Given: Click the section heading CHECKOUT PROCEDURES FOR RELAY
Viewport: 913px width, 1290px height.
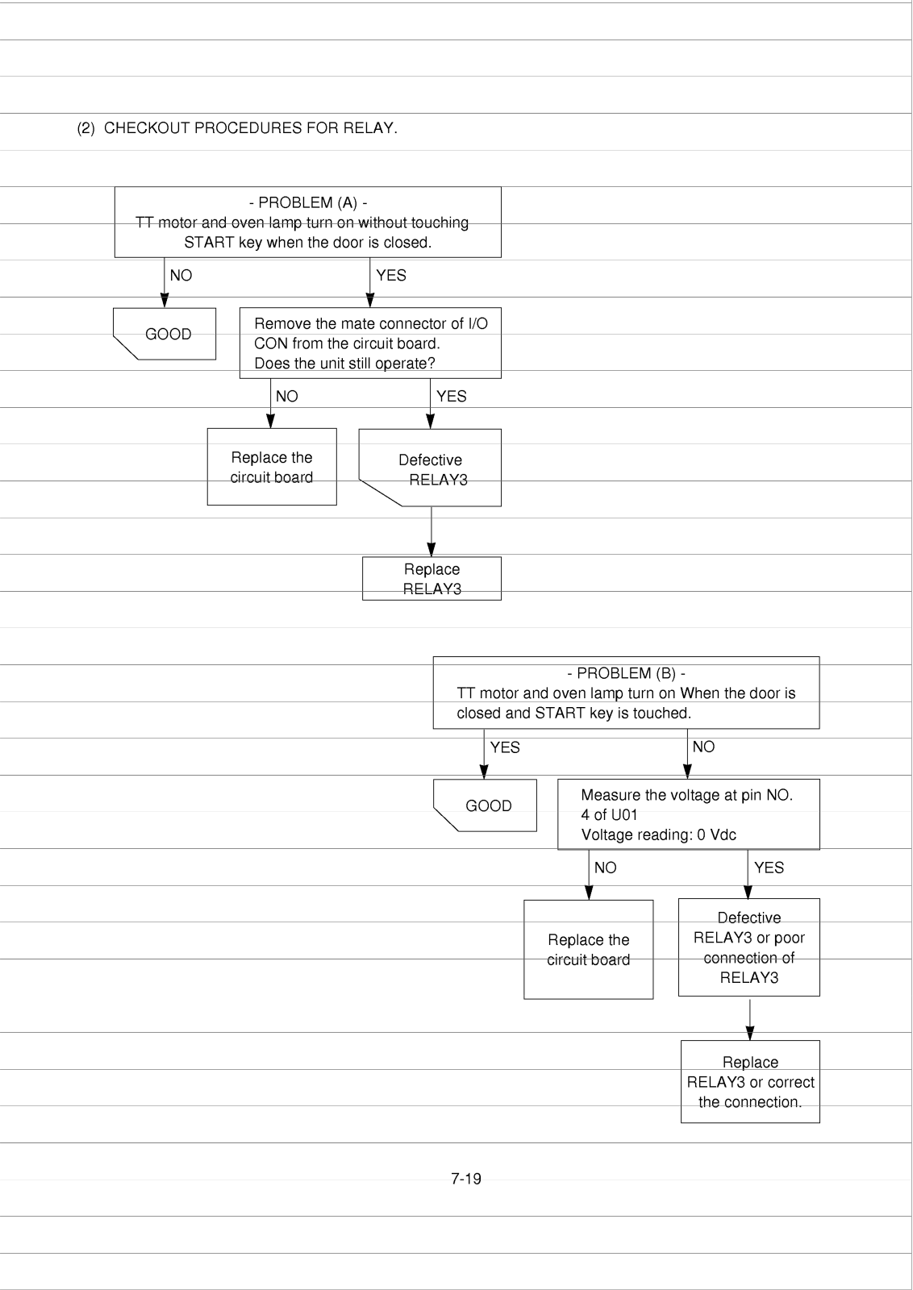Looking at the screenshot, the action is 251,128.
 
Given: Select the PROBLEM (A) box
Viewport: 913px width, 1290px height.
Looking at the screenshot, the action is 307,222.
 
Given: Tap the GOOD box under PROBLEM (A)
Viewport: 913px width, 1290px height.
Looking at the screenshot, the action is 165,334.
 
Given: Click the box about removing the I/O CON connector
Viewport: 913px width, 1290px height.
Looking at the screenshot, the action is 370,343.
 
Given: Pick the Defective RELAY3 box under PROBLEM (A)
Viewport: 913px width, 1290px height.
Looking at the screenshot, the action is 431,468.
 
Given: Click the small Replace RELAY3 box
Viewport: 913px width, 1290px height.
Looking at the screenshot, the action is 431,578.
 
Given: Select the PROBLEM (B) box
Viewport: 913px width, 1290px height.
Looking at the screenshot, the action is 626,693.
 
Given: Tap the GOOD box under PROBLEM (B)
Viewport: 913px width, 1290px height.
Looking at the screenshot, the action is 485,805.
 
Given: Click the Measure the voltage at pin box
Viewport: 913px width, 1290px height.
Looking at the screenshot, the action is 688,814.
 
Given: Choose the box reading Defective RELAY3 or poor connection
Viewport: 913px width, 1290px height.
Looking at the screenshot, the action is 748,947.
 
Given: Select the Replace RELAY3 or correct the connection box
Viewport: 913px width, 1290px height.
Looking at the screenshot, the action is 750,1081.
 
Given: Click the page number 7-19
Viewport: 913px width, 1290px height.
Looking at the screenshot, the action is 466,1179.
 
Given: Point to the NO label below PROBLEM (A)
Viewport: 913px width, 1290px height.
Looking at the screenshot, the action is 181,275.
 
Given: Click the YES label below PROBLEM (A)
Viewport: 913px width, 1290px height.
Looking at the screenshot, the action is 391,275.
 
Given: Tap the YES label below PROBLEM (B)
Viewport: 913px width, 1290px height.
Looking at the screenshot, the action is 505,747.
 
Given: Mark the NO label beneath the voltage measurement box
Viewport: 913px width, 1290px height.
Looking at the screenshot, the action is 606,868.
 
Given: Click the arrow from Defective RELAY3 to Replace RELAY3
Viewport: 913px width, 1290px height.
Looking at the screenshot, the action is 431,531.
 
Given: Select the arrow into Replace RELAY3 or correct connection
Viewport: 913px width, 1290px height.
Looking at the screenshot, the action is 749,1020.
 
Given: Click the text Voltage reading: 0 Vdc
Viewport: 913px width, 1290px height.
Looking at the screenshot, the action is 658,834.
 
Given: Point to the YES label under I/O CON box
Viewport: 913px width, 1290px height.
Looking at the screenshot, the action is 452,396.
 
